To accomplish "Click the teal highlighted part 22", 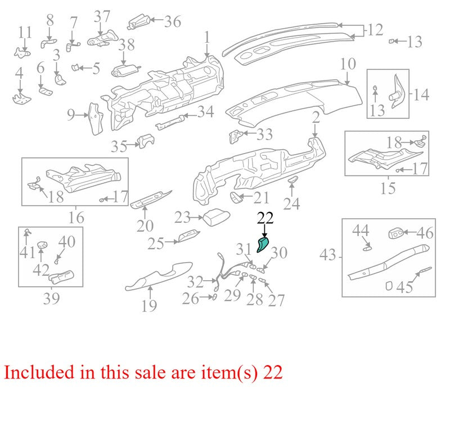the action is [263, 245].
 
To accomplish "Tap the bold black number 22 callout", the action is [265, 218].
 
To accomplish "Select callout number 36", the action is [173, 21].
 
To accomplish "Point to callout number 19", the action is [149, 305].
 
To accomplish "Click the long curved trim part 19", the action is [159, 275].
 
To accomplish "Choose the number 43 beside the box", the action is [327, 255].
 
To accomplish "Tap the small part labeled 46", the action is [396, 233].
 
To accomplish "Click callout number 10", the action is [348, 64].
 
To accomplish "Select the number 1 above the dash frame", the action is [207, 39].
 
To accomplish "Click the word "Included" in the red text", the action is [39, 372].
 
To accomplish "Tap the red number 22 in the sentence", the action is [273, 372].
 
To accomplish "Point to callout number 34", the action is [206, 112].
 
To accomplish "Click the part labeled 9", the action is [96, 119].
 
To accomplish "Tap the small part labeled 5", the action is [75, 67].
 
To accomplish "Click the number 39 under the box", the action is [51, 299].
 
